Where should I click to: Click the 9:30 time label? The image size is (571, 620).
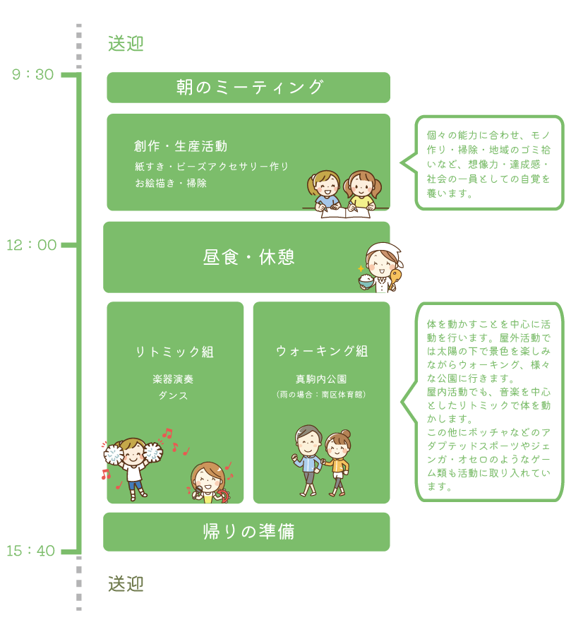[33, 75]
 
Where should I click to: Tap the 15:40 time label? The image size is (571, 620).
[31, 551]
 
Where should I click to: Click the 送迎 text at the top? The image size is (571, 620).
[126, 44]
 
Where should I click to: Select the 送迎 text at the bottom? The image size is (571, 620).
[126, 584]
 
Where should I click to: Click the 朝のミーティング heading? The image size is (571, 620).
[249, 88]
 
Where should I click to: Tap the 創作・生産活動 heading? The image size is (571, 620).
[181, 147]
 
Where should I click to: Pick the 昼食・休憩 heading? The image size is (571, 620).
[248, 257]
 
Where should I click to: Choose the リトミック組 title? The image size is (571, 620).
[174, 352]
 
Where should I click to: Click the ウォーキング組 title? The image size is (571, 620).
[322, 351]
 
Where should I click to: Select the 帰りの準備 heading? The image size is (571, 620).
[248, 532]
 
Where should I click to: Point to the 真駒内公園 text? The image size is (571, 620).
[321, 379]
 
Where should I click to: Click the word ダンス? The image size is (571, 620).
[174, 395]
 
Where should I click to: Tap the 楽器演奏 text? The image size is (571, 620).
[174, 379]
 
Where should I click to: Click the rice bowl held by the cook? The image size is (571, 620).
[366, 280]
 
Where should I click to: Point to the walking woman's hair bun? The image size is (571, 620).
[345, 434]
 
